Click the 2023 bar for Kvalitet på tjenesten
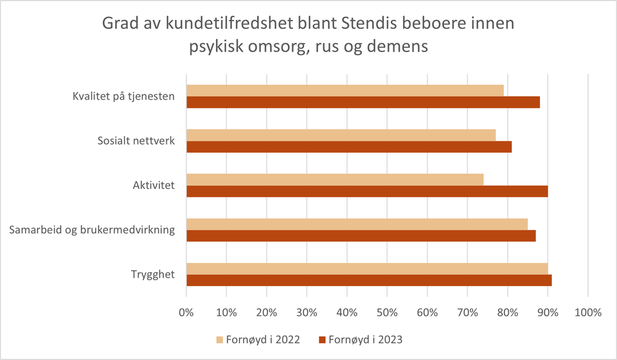[363, 102]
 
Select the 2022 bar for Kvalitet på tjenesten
[345, 90]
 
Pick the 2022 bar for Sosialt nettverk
[341, 134]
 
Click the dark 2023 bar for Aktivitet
[367, 192]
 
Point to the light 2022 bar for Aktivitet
[335, 179]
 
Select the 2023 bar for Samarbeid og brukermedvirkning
[361, 236]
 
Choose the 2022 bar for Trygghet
[367, 269]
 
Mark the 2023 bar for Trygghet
[369, 281]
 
